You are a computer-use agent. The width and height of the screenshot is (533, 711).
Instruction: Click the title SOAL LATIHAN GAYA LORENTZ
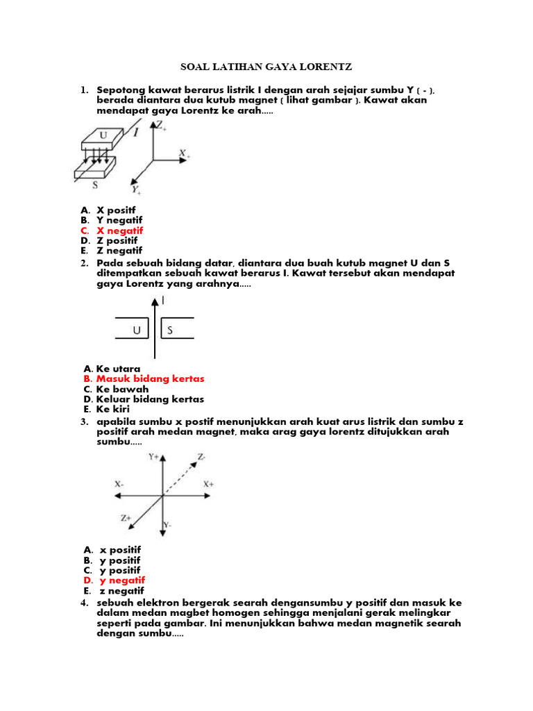point(266,67)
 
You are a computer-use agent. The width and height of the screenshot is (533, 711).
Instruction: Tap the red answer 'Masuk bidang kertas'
point(150,379)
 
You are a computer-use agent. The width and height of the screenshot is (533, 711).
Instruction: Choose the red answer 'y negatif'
point(122,580)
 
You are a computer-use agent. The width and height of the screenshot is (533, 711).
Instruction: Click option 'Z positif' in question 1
point(119,240)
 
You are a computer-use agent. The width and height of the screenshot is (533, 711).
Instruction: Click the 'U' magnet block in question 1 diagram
point(103,137)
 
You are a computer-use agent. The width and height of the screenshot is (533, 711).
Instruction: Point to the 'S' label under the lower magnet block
point(95,185)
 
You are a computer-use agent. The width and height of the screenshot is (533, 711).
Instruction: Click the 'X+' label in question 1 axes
point(184,153)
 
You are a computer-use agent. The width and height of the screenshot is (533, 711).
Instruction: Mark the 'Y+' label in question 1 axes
point(136,189)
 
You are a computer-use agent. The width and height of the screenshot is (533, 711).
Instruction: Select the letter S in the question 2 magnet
point(169,331)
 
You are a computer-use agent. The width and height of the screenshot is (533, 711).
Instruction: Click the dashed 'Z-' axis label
point(201,458)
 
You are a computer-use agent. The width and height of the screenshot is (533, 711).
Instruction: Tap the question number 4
point(83,603)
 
